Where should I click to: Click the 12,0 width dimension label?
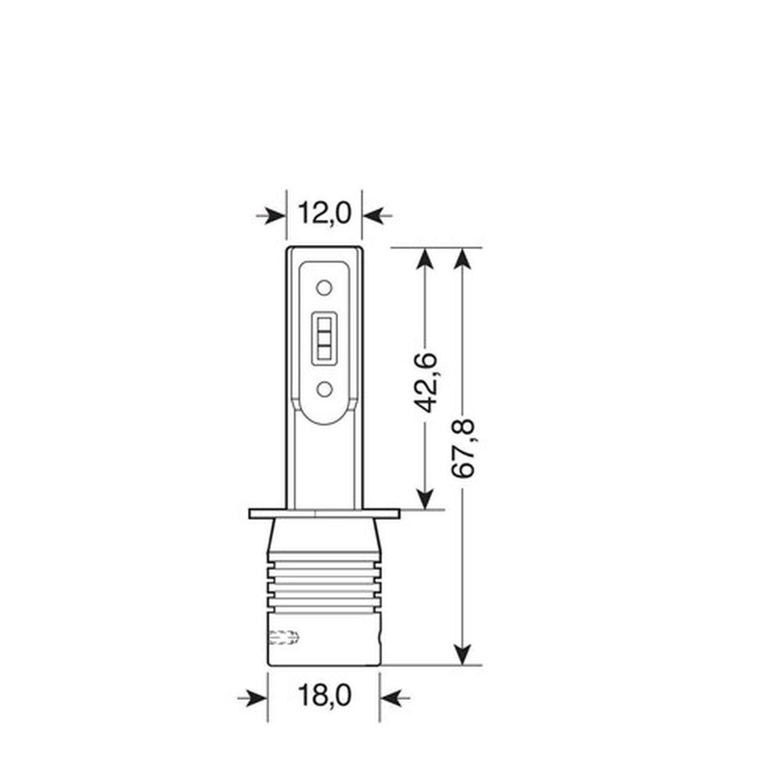[325, 213]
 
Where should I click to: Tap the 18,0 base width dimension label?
[325, 695]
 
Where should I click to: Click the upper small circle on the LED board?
[324, 287]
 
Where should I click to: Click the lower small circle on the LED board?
[324, 390]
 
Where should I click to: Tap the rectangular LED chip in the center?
[324, 338]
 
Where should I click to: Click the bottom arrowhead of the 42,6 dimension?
[425, 499]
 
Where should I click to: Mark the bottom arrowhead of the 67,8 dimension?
[462, 654]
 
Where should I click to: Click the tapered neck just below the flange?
[324, 538]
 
